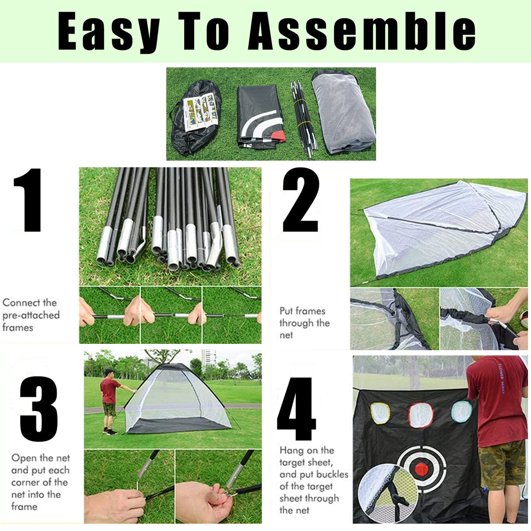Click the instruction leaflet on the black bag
200,114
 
